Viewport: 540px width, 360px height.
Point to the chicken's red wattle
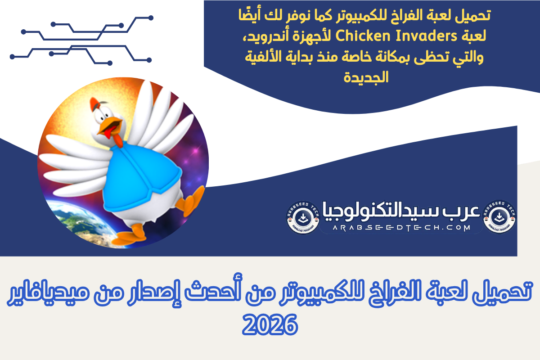pos(117,139)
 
